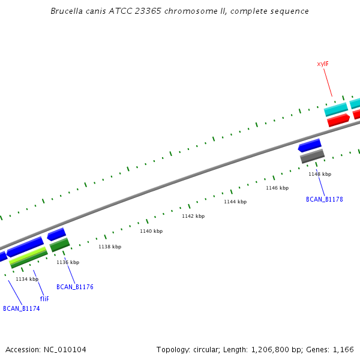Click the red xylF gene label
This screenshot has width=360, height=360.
tap(323, 64)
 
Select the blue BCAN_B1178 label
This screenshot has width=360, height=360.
tap(325, 199)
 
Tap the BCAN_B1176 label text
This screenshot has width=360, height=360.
tap(75, 287)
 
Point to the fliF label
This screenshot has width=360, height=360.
tap(44, 298)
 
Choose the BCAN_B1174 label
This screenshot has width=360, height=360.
tap(22, 308)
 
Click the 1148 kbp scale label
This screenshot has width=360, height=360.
tap(320, 174)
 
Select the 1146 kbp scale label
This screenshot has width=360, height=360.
tap(277, 188)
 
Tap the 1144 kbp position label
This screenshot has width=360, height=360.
tap(235, 202)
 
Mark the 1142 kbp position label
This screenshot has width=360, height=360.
tap(193, 216)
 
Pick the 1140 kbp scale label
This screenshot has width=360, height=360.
tap(151, 231)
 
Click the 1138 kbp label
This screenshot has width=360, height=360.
tap(110, 247)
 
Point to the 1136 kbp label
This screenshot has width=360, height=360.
tap(68, 262)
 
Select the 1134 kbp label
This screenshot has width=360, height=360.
tap(27, 279)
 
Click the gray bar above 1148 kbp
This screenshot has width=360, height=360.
tap(312, 156)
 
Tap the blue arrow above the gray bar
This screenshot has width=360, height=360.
tap(310, 145)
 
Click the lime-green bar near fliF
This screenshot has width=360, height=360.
tap(28, 257)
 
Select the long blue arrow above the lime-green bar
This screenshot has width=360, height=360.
tap(25, 247)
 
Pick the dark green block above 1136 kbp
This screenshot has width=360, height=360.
tap(59, 244)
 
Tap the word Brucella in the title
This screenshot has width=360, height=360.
tap(67, 11)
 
